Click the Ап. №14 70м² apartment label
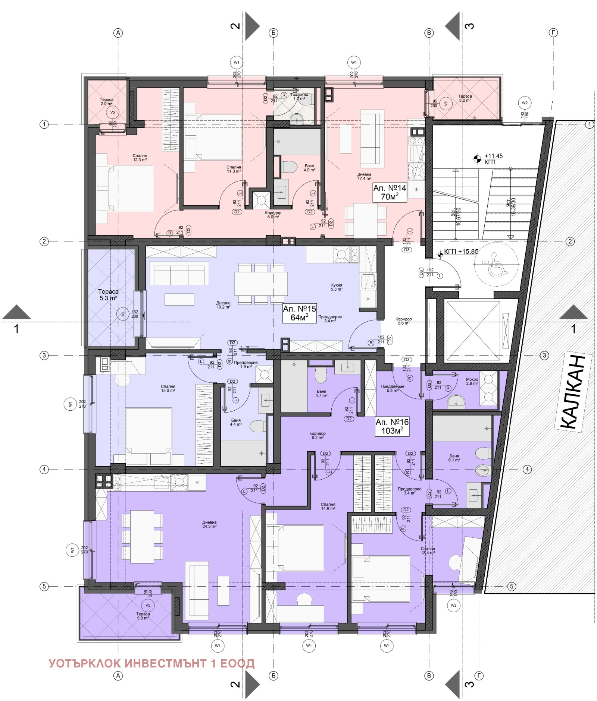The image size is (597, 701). click(x=389, y=192)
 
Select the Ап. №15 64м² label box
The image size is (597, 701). click(x=299, y=313)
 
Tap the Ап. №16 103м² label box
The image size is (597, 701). click(x=392, y=426)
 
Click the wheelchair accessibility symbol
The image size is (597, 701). click(x=496, y=265)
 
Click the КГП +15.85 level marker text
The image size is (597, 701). click(x=461, y=252)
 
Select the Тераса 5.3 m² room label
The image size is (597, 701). click(x=108, y=295)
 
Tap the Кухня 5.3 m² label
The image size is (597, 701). click(x=337, y=287)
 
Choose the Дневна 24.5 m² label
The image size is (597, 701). click(x=209, y=524)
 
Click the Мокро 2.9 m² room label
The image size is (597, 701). click(x=472, y=381)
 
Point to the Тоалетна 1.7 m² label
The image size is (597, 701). click(x=299, y=97)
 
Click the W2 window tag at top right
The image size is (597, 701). click(x=525, y=103)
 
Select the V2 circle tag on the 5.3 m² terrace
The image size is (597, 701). click(x=122, y=314)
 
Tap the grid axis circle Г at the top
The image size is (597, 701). click(x=553, y=33)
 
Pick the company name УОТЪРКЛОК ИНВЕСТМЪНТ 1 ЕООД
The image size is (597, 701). click(x=151, y=663)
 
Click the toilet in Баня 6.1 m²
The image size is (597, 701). click(x=484, y=454)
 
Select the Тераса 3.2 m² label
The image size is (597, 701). click(x=465, y=98)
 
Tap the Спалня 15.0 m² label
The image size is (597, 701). click(x=168, y=388)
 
